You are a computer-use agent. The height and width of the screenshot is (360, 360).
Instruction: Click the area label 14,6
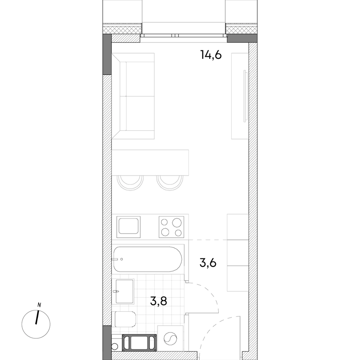pos(211,55)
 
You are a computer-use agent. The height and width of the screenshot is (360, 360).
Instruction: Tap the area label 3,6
pos(208,263)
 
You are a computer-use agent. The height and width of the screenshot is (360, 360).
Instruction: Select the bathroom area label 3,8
pos(158,301)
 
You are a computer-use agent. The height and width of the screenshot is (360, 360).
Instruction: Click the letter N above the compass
pos(39,305)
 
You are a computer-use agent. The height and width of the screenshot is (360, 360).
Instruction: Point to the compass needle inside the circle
pos(37,317)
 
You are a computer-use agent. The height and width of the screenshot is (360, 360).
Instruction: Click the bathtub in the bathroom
pos(148,259)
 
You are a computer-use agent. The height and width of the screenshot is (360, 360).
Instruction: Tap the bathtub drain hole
pos(122,259)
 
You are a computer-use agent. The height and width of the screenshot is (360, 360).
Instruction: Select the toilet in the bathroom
pos(125,319)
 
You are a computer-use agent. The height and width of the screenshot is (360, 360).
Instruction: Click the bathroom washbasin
pos(125,292)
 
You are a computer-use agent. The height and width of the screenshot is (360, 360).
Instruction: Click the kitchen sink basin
pos(128,226)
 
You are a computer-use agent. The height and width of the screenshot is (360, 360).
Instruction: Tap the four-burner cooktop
pos(171,227)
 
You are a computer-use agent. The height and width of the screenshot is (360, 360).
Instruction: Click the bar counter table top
pos(150,162)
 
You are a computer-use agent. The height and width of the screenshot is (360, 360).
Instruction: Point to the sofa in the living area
pos(133,96)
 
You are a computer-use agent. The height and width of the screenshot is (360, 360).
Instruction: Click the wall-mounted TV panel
pos(245,96)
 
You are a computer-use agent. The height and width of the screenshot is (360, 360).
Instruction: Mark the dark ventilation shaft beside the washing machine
pos(139,342)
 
